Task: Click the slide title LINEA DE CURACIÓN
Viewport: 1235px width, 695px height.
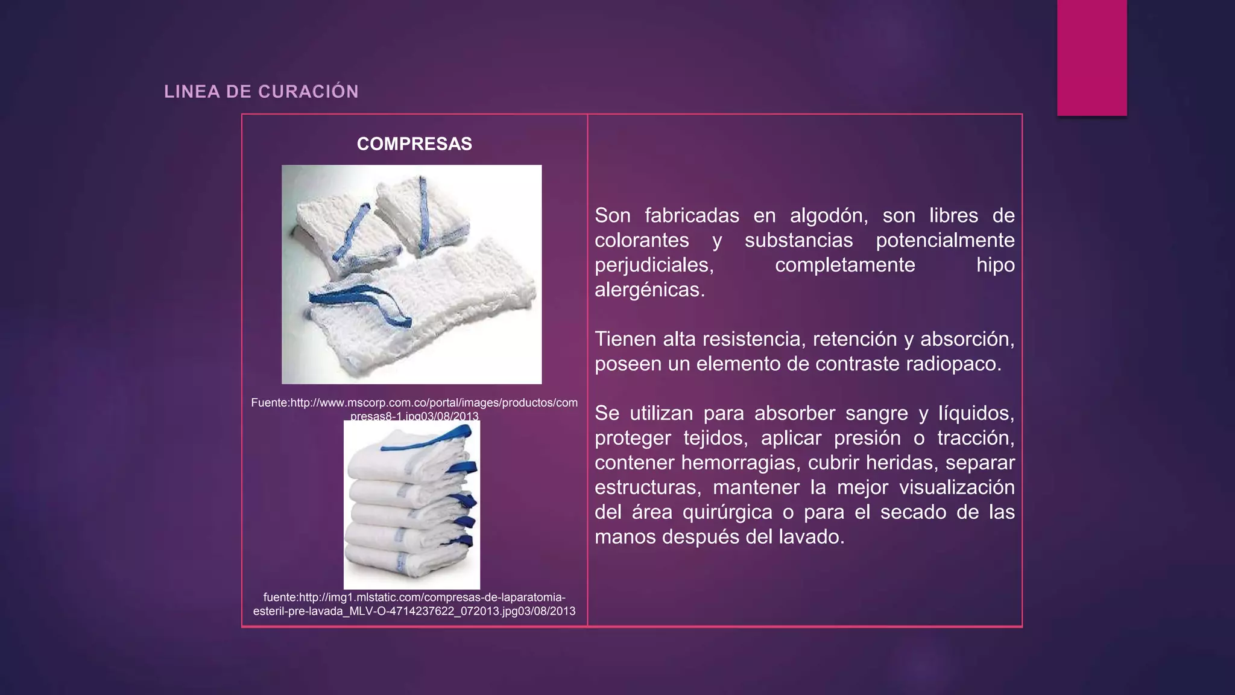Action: point(261,92)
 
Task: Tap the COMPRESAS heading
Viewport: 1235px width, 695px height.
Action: point(414,144)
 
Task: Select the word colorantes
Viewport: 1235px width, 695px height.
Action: point(642,240)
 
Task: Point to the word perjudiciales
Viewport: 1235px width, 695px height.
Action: point(654,265)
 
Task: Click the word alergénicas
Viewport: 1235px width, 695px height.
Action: point(649,290)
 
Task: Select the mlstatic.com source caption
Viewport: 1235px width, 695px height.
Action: point(414,604)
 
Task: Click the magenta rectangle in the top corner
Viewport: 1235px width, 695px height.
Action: point(1091,57)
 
